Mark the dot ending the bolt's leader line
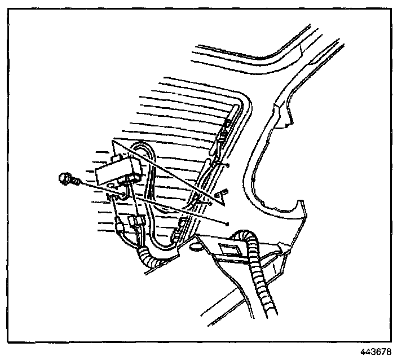pyautogui.click(x=227, y=223)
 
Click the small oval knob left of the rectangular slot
pyautogui.click(x=195, y=247)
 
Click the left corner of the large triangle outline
pyautogui.click(x=112, y=139)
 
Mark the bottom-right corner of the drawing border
pyautogui.click(x=391, y=341)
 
